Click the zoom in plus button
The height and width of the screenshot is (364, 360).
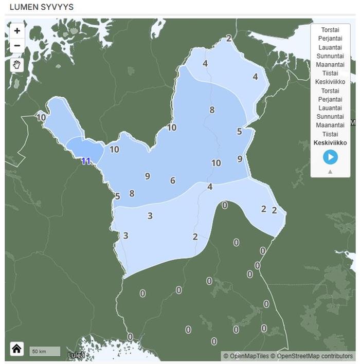[17, 31]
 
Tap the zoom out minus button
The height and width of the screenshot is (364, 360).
[17, 45]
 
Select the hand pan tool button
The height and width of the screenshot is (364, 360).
[17, 65]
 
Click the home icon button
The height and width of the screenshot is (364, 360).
[16, 349]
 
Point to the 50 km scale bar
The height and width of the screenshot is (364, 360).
[44, 352]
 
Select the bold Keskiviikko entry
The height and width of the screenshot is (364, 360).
[330, 142]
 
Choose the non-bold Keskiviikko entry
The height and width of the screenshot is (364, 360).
[330, 81]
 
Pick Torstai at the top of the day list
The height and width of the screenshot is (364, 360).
[330, 30]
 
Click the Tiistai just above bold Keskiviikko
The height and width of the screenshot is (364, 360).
[330, 134]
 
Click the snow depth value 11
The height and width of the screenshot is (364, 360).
[85, 161]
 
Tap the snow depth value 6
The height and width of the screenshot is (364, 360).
[173, 180]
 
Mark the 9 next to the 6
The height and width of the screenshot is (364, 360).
[148, 176]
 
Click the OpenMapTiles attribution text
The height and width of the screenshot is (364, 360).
[246, 356]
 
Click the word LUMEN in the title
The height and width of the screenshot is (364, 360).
[24, 7]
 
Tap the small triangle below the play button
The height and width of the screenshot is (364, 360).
[330, 171]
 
